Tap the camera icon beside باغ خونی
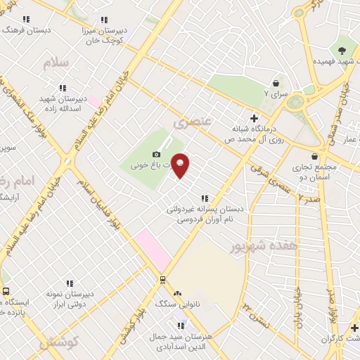(x=156, y=154)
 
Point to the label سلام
(x=57, y=63)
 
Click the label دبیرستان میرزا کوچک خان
(x=105, y=35)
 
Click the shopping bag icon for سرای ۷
(x=275, y=82)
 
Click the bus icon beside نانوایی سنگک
(x=163, y=279)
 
